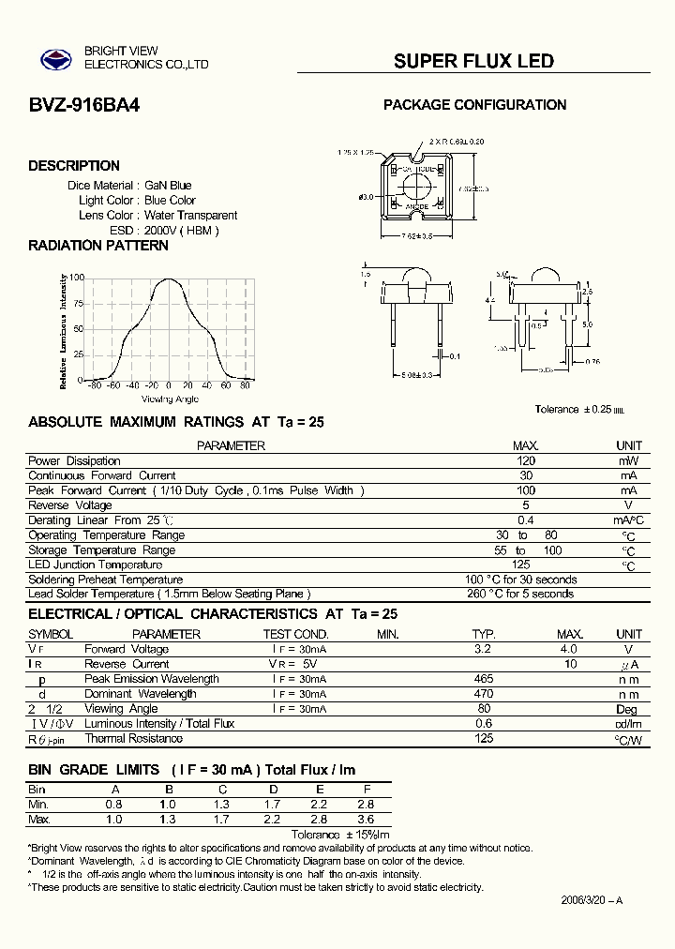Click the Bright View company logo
[55, 60]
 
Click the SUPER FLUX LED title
[473, 61]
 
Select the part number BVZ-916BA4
[84, 106]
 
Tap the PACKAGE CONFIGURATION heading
[474, 105]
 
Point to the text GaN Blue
[168, 186]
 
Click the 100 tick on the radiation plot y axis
[77, 279]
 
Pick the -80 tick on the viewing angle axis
[93, 385]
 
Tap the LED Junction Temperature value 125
[521, 565]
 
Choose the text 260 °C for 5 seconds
[520, 594]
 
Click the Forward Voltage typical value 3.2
[483, 649]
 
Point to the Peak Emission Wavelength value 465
[483, 679]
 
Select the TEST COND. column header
[295, 635]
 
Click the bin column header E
[321, 790]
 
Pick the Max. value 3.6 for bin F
[367, 820]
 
